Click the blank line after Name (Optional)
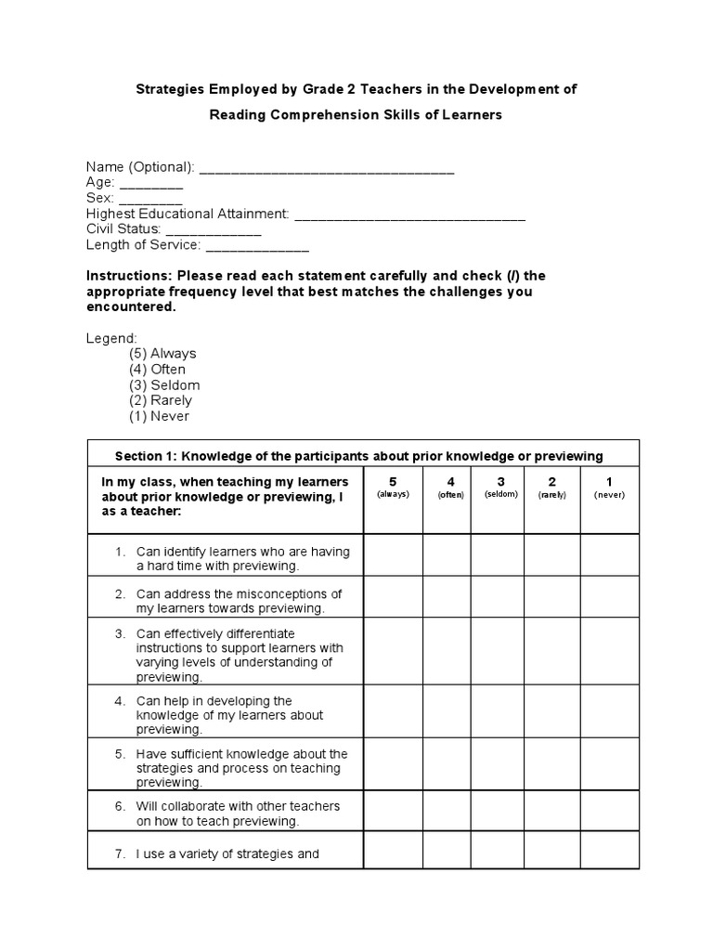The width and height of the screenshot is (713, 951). (x=327, y=169)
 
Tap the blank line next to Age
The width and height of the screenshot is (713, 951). (x=150, y=184)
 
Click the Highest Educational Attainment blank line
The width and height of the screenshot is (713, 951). (x=409, y=215)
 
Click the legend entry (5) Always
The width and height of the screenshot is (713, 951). (x=162, y=354)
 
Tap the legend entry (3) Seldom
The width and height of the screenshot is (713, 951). (x=164, y=384)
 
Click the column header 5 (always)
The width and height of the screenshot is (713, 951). (x=393, y=487)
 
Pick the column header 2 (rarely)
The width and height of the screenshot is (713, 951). (x=551, y=487)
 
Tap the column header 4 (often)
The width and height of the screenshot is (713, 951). (x=450, y=487)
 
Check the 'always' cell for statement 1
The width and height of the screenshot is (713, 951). (x=393, y=555)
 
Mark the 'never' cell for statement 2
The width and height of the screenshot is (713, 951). (x=609, y=597)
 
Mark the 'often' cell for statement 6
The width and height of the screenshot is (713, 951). (x=447, y=811)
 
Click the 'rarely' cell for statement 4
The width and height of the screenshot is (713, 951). (x=551, y=712)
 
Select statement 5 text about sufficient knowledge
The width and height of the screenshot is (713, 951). (x=240, y=768)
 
